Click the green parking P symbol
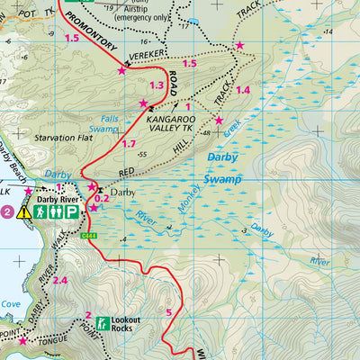click(x=71, y=212)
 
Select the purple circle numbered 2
click(x=7, y=212)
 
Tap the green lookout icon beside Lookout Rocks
click(x=103, y=322)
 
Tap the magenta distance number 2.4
click(x=60, y=281)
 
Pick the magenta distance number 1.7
click(x=129, y=144)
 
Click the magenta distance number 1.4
click(x=242, y=90)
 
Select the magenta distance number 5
click(x=168, y=312)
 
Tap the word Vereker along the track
click(x=145, y=54)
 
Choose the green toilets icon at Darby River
click(x=55, y=212)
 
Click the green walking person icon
click(x=40, y=212)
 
